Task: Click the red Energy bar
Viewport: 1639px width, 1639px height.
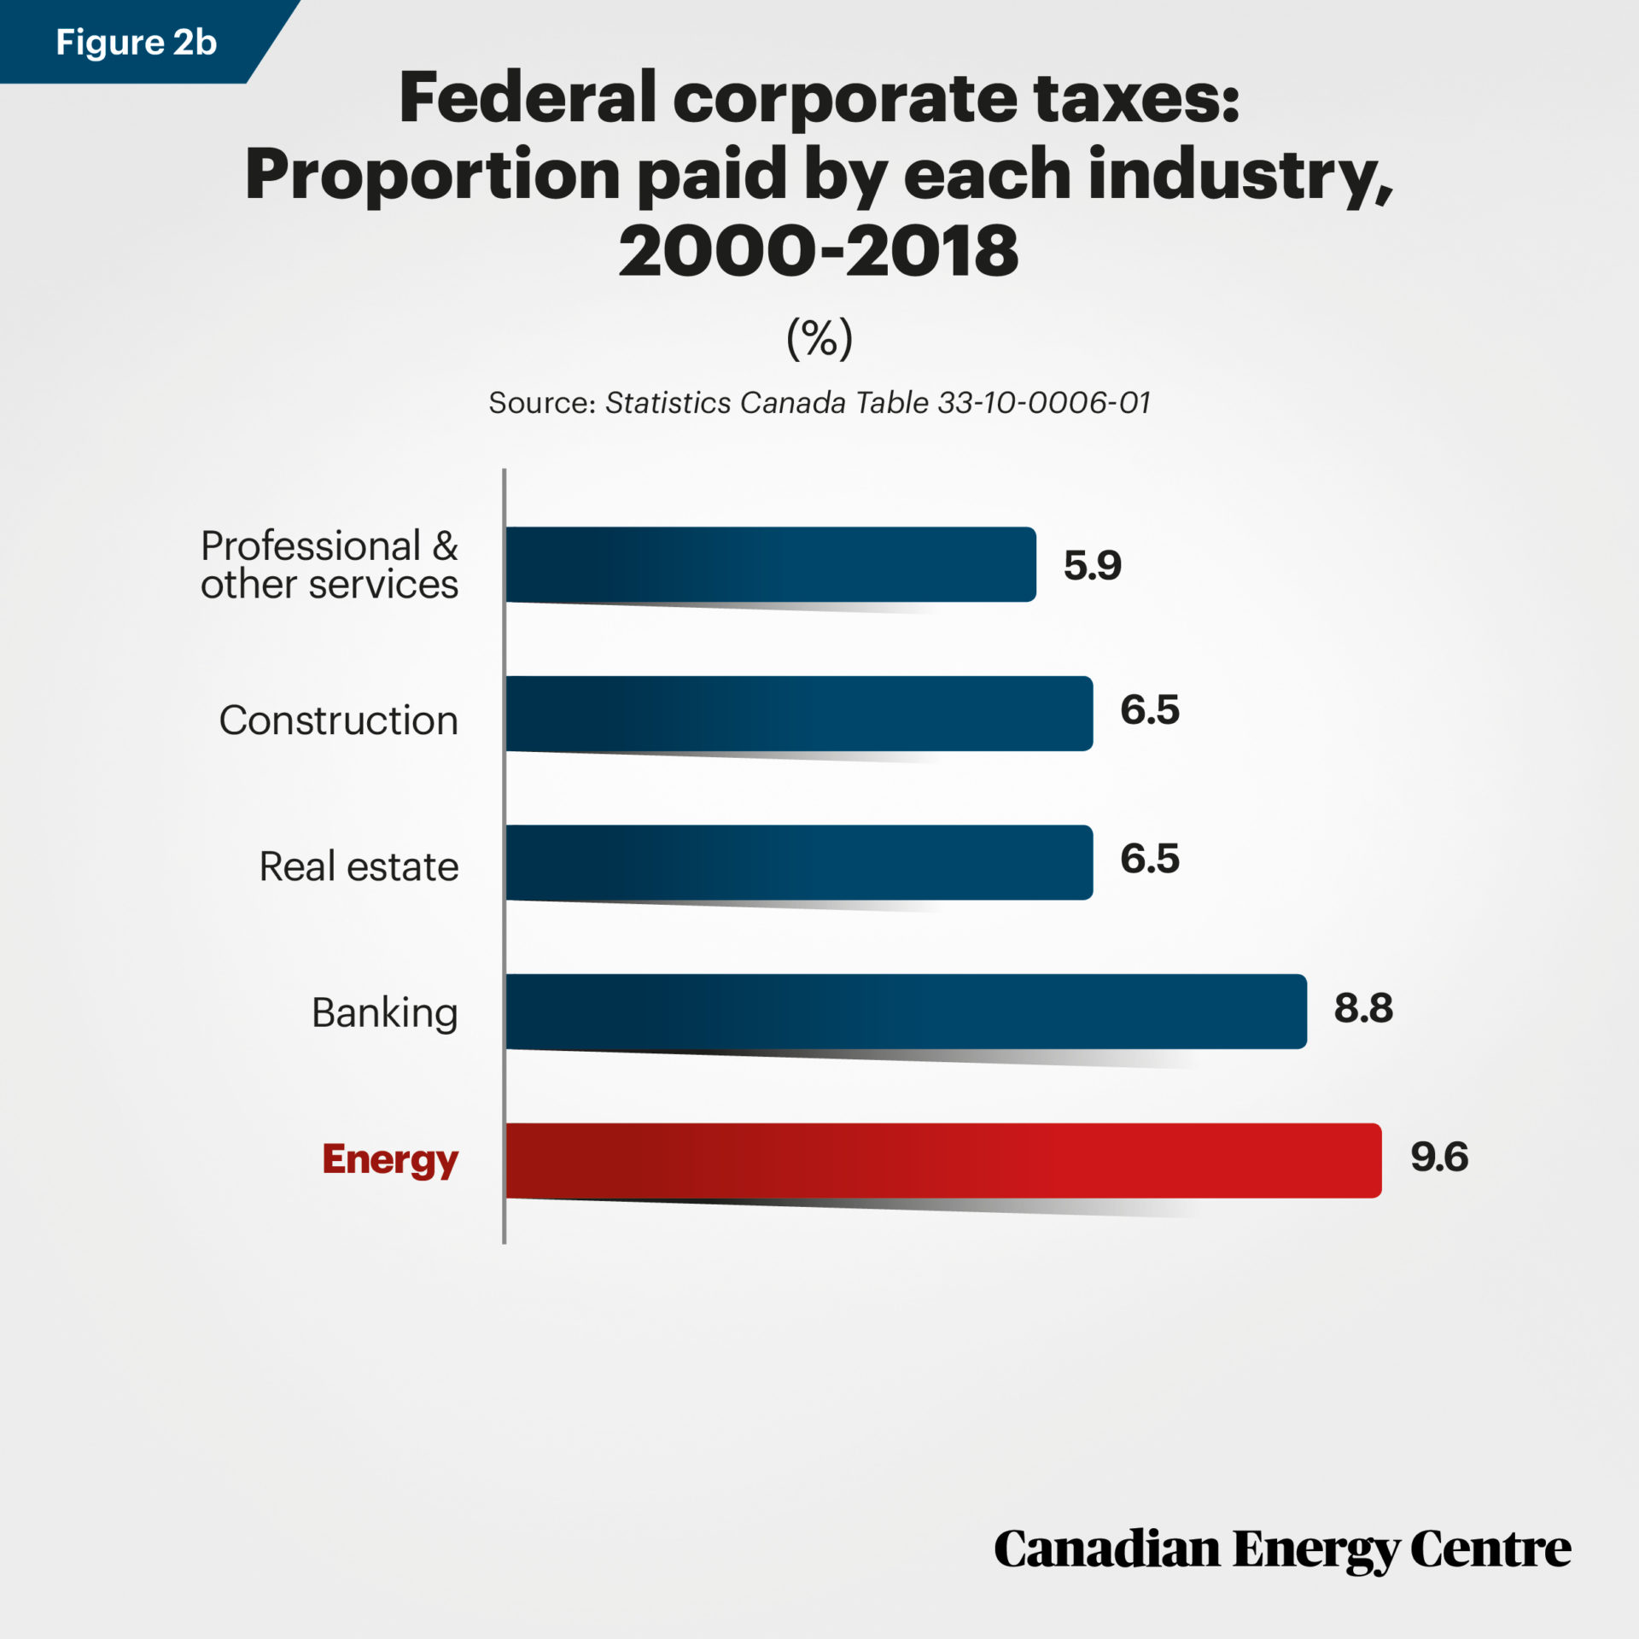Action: [943, 1160]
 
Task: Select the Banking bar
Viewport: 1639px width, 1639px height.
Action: [905, 1012]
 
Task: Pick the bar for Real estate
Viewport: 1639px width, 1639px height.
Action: [798, 862]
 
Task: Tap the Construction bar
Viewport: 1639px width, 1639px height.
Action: [798, 714]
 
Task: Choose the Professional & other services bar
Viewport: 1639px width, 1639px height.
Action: [770, 564]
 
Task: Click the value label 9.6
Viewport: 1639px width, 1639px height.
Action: [1439, 1158]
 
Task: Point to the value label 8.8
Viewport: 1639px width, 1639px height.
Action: [1363, 1008]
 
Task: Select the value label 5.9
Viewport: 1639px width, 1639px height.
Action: [1092, 566]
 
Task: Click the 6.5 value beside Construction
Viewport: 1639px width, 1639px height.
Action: [1149, 710]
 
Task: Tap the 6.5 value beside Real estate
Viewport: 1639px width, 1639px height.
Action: [1149, 859]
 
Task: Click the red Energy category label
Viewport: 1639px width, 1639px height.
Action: [390, 1160]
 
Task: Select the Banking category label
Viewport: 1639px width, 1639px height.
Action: [385, 1013]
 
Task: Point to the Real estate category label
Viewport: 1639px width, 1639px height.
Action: [359, 866]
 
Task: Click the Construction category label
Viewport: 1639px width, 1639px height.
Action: [339, 720]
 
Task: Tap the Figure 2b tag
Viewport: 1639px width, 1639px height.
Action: [136, 42]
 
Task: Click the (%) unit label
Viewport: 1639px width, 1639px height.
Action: [819, 339]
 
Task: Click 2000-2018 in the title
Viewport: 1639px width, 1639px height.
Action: [819, 252]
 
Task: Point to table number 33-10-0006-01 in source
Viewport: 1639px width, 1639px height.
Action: [1043, 403]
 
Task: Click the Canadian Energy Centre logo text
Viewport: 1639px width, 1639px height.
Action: [1281, 1550]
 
